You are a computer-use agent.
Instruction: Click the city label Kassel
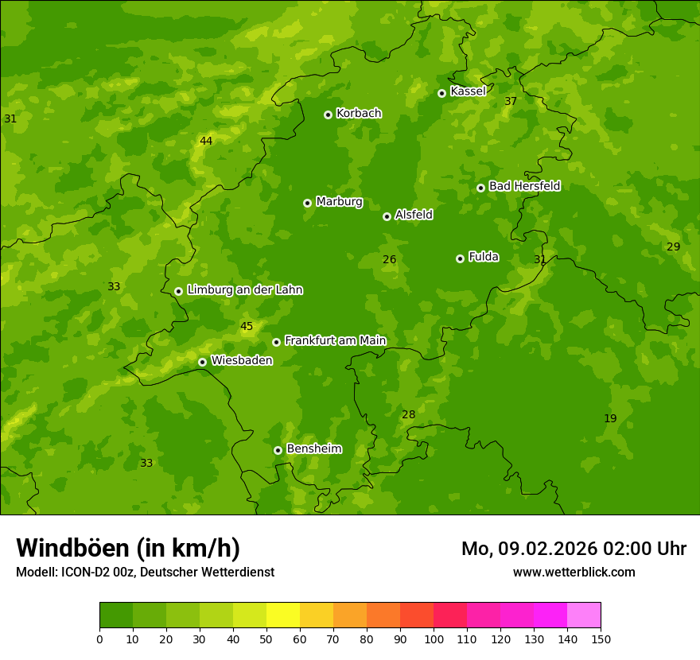click(468, 91)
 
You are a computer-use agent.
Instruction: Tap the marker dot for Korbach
click(328, 115)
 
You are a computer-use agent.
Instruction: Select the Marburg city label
click(339, 202)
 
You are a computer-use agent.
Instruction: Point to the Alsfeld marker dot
click(387, 216)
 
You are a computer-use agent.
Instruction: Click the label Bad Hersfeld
click(524, 186)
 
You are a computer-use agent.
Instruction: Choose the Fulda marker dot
click(460, 258)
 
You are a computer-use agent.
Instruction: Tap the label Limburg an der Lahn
click(244, 290)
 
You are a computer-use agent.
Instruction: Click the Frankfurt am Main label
click(335, 340)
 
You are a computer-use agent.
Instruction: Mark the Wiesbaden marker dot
click(202, 362)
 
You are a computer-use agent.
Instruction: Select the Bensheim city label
click(313, 448)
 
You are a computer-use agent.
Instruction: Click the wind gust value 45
click(247, 326)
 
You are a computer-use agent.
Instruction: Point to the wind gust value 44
click(206, 141)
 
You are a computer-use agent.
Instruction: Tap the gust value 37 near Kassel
click(511, 101)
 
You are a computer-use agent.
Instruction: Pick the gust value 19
click(610, 418)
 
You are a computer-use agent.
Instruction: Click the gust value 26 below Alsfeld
click(389, 259)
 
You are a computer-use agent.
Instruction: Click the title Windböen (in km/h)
click(128, 548)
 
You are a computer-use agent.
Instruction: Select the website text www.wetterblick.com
click(574, 572)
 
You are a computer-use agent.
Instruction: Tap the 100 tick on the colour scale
click(434, 639)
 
